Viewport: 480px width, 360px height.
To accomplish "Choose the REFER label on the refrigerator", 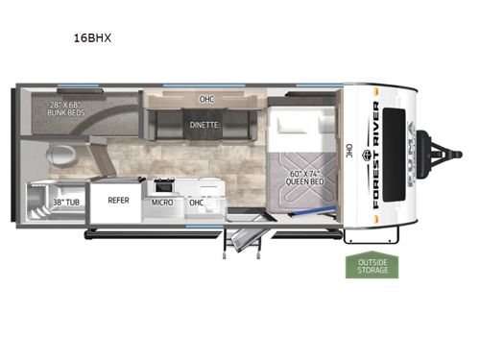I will click(118, 201).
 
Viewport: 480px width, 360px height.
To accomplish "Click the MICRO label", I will click(160, 203).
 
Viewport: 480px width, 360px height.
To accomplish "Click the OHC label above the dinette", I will click(206, 98).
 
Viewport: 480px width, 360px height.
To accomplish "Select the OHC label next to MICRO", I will click(196, 203).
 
